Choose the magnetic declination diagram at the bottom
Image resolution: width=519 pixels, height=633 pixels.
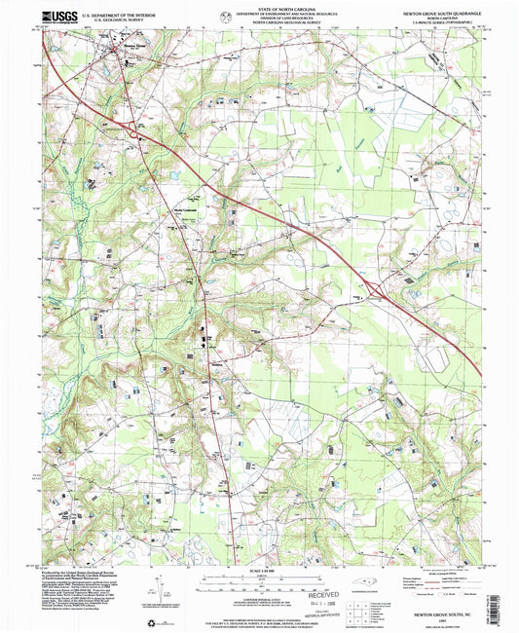point(154,585)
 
